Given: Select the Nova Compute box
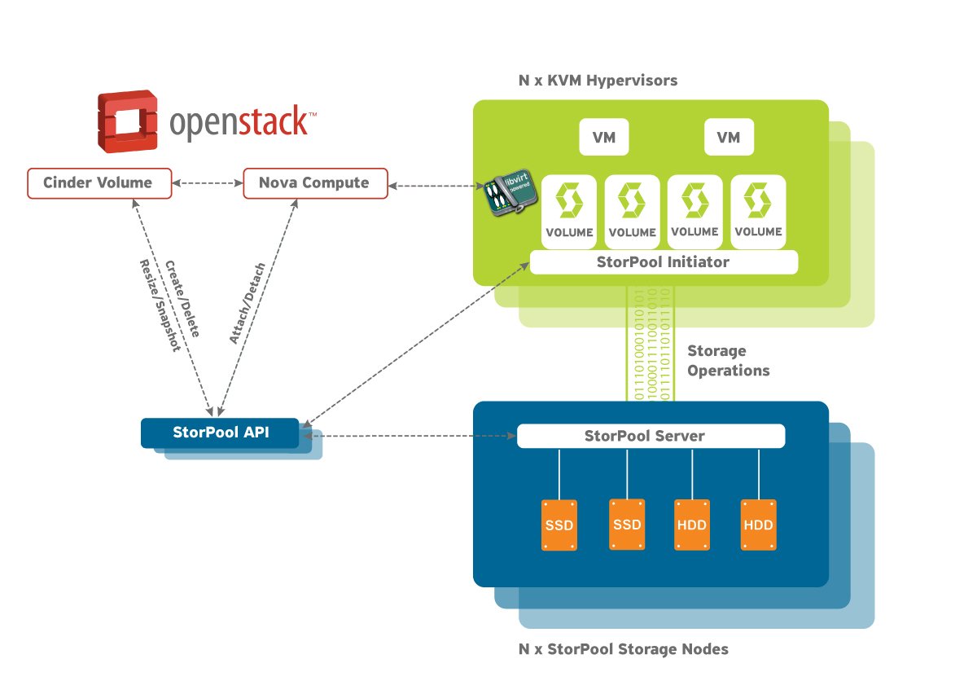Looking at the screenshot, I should tap(314, 183).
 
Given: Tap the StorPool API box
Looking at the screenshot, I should tap(221, 433).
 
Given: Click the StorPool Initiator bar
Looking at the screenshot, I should tap(664, 262).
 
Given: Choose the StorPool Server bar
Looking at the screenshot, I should tap(651, 436).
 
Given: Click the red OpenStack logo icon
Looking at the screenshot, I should tap(127, 122).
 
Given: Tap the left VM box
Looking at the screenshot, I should tap(603, 138).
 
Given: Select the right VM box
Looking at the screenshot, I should tap(729, 138).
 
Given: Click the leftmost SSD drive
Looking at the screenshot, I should tap(559, 525).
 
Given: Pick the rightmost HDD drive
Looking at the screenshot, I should tap(758, 525).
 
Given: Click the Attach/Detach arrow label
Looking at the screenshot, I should tap(246, 303).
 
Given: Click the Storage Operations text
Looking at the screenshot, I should tap(728, 360).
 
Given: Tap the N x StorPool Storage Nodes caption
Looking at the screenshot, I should tap(623, 649).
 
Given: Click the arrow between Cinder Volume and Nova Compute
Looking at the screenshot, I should tap(208, 183).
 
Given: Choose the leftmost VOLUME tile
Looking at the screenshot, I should tap(569, 209).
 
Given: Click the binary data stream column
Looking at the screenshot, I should tap(648, 342).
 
